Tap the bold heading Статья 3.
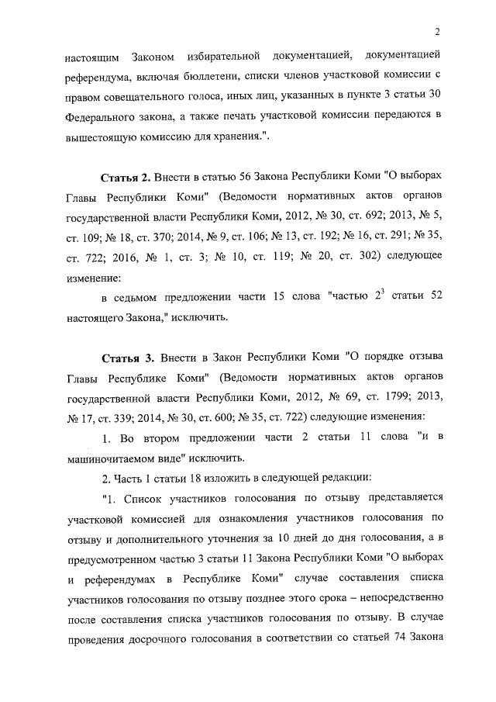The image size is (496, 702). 128,358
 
